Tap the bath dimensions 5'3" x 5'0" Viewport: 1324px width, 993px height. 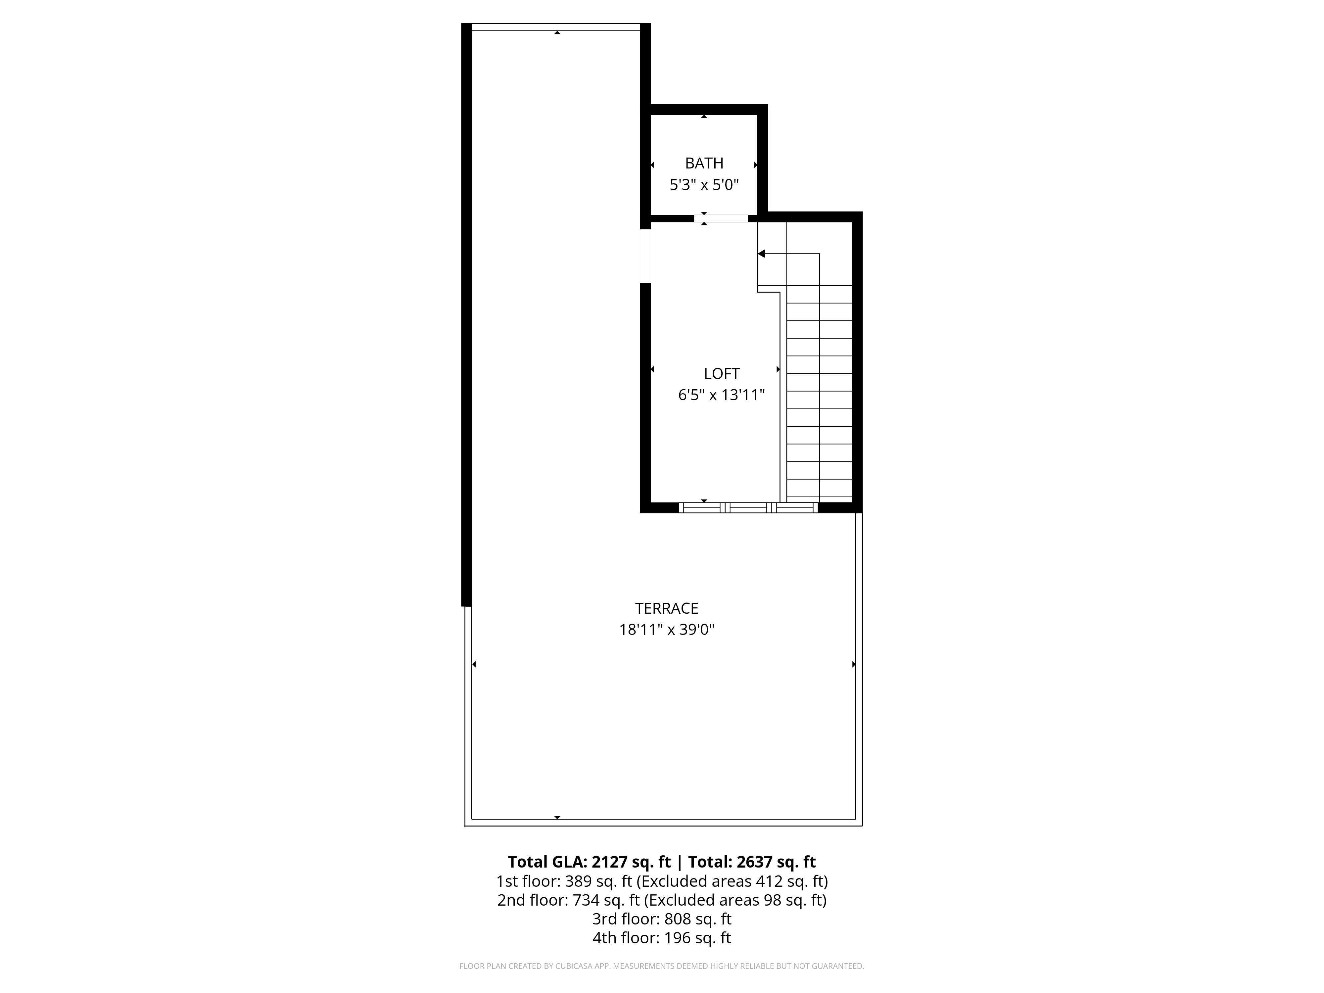coord(704,185)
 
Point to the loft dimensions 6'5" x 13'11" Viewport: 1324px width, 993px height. coord(721,395)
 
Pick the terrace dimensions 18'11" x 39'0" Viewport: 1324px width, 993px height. coord(666,630)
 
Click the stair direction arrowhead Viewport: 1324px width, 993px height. coord(761,254)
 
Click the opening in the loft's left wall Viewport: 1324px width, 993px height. coord(645,256)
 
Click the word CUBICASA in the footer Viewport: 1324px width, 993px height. coord(575,966)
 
